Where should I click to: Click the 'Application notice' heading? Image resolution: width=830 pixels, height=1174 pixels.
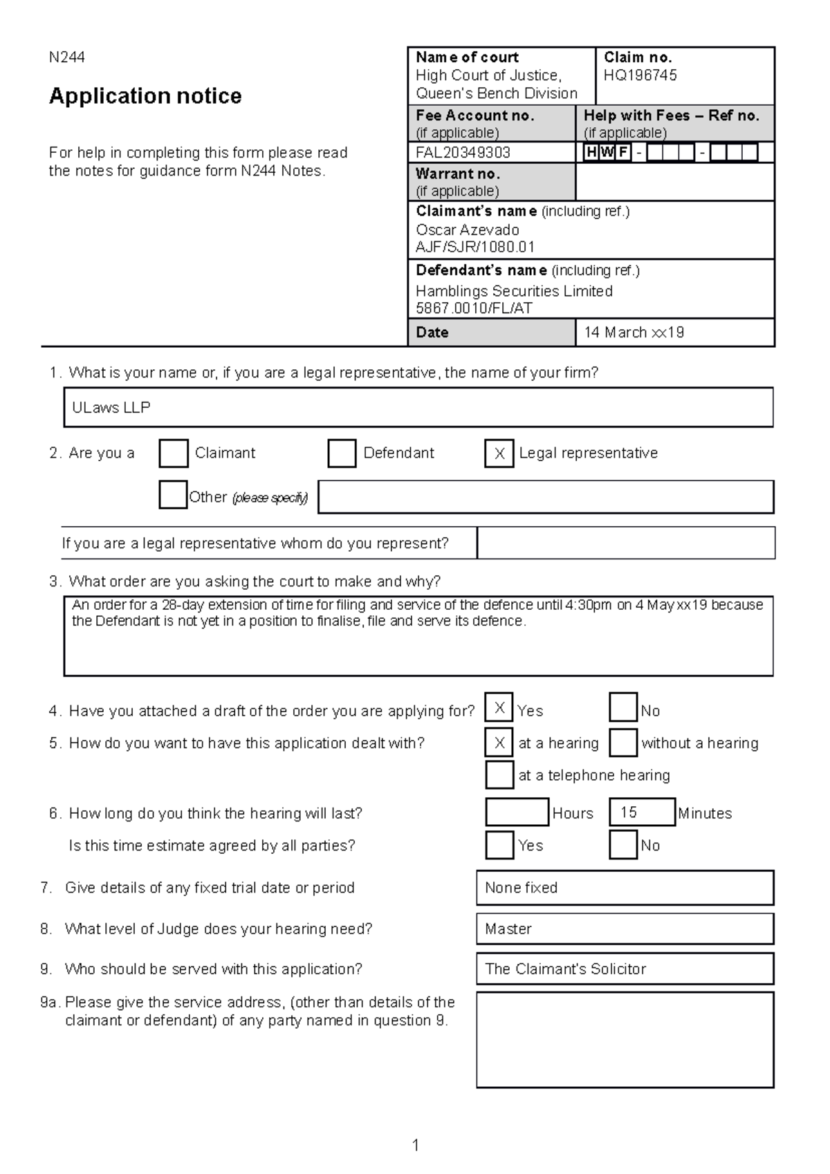coord(145,95)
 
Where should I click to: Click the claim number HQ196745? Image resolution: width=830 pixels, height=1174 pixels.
coord(640,75)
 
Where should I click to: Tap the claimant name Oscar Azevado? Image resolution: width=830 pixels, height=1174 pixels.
coord(467,230)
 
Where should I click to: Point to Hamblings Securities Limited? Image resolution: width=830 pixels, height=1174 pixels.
coord(514,291)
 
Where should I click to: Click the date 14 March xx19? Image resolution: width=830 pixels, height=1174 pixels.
coord(634,333)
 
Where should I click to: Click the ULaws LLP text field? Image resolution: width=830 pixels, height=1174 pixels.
coord(418,407)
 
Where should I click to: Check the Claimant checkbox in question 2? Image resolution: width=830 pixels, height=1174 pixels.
coord(174,454)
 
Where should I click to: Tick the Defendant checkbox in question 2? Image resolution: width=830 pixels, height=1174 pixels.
coord(342,454)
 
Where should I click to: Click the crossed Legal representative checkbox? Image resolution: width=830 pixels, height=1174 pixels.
coord(499,454)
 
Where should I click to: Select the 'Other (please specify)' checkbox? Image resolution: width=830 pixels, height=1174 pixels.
coord(173,495)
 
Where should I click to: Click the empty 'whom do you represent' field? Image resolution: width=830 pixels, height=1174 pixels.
coord(625,543)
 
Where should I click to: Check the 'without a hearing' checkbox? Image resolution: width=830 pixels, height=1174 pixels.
coord(622,743)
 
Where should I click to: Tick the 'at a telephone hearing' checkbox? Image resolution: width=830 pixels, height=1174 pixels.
coord(499,774)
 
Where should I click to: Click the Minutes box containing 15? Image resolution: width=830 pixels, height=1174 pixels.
coord(641,812)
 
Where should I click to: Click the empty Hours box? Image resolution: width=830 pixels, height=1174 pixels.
coord(517,812)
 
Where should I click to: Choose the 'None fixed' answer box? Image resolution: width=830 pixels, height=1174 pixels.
coord(625,888)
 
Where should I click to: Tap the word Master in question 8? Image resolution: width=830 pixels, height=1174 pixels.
coord(508,929)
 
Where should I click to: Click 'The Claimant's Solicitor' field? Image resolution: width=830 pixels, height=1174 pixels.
coord(625,969)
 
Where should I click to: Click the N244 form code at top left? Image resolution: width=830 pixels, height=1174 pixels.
coord(66,57)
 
